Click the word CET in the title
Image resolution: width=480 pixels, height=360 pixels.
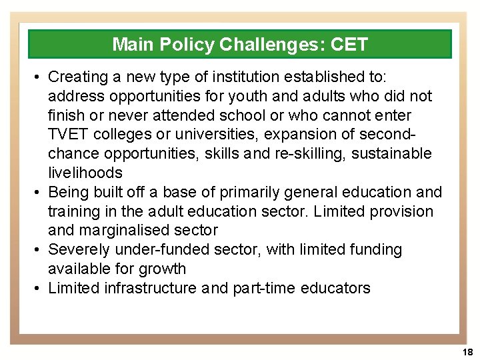(x=348, y=45)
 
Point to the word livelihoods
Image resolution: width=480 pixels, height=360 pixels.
(x=85, y=173)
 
